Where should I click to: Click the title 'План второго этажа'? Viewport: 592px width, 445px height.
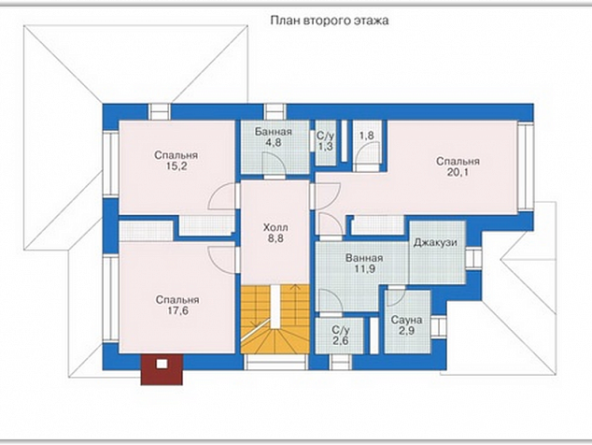(330, 21)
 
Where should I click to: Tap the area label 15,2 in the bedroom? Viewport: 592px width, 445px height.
(176, 166)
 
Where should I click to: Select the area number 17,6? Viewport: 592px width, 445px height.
(177, 310)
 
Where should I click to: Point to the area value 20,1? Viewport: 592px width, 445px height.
(458, 172)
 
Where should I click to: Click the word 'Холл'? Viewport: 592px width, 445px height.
(275, 227)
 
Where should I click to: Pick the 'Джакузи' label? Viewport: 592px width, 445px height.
(435, 242)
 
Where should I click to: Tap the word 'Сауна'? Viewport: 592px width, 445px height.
(406, 321)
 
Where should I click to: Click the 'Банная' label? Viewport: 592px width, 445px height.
(274, 132)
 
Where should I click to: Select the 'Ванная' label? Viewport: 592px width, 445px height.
(364, 258)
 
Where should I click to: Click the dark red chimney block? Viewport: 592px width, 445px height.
(162, 369)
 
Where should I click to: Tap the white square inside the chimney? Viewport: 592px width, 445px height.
(162, 364)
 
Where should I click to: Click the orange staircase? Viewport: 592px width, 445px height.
(275, 319)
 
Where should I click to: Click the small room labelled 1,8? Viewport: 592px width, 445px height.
(367, 146)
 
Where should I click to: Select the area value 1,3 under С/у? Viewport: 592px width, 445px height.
(325, 147)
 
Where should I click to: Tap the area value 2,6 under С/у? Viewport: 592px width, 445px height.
(341, 340)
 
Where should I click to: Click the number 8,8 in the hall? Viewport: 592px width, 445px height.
(275, 238)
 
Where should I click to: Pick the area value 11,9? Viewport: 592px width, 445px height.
(364, 269)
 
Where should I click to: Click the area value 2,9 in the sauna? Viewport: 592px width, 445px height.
(406, 331)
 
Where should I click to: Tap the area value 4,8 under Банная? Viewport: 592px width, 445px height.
(274, 142)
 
